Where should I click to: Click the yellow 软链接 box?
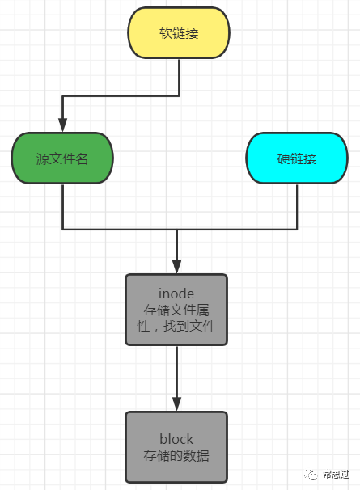tap(179, 33)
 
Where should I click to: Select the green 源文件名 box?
tap(62, 158)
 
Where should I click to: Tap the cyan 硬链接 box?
tap(297, 158)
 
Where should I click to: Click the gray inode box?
tap(176, 310)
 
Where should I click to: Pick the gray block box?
tap(176, 447)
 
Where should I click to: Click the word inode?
tap(176, 294)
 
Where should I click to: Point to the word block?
tap(176, 439)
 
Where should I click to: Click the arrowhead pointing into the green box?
tap(62, 125)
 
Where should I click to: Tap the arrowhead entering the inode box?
tap(176, 267)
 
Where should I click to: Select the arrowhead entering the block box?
tap(176, 404)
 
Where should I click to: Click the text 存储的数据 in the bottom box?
tap(176, 455)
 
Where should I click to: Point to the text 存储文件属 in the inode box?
tap(176, 310)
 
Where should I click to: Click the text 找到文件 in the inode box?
tap(189, 326)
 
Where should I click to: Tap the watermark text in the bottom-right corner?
tap(336, 475)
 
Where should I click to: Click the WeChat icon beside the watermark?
tap(310, 475)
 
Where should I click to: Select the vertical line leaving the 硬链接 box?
tap(297, 206)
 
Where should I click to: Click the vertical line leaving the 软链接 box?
tap(180, 77)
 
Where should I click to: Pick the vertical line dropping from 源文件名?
tap(63, 206)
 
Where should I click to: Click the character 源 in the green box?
tap(43, 158)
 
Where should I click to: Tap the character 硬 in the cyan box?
tap(284, 158)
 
